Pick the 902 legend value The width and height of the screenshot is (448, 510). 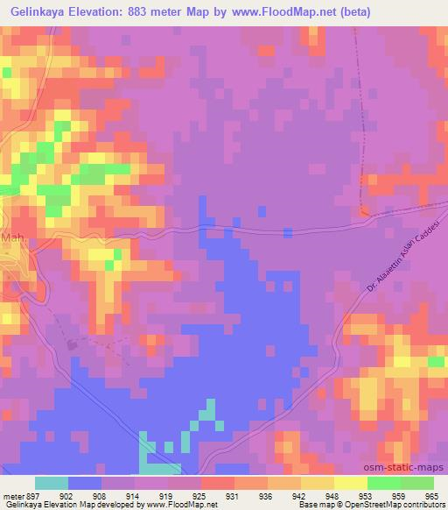point(64,495)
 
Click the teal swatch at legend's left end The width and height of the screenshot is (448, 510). point(51,483)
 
